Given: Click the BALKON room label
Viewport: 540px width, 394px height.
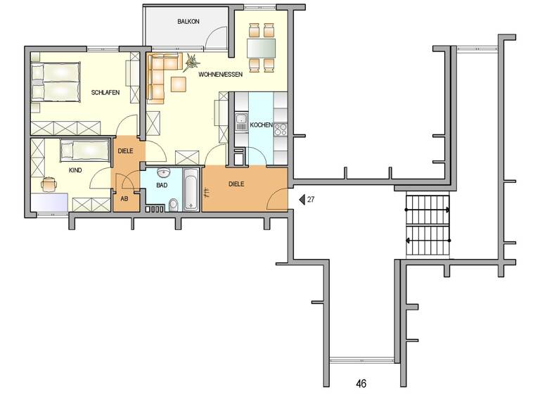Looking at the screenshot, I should click(188, 22).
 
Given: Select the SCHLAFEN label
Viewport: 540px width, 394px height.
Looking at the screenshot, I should click(104, 93).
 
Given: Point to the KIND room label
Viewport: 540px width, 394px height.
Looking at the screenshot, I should click(75, 170).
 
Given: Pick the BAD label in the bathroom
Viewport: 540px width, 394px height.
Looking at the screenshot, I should click(162, 186).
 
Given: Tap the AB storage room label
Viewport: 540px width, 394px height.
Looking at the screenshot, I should click(124, 199).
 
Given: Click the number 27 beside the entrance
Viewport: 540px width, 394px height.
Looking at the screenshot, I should click(310, 200).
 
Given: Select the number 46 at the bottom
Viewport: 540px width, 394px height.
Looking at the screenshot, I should click(361, 384).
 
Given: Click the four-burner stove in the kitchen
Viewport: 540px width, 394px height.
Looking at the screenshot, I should click(280, 129).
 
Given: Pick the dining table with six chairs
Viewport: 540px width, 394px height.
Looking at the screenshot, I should click(261, 48).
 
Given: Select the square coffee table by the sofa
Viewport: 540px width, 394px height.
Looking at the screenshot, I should click(179, 84).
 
